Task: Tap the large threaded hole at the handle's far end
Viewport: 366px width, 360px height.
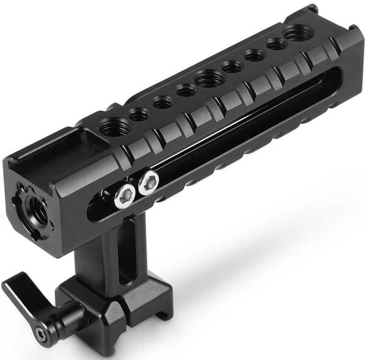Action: tap(295, 33)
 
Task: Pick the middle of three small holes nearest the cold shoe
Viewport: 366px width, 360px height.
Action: tap(159, 103)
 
